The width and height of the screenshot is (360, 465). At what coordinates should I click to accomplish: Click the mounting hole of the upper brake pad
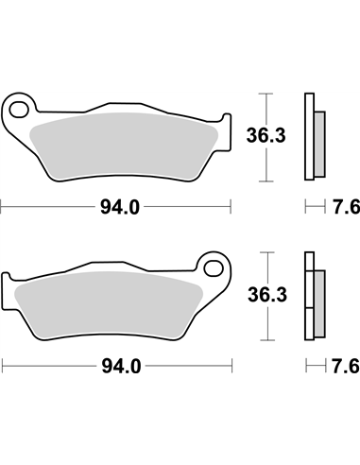[x=18, y=110]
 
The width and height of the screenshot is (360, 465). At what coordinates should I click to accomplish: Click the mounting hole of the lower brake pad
[x=214, y=268]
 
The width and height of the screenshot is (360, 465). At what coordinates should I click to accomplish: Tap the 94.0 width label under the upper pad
[x=120, y=208]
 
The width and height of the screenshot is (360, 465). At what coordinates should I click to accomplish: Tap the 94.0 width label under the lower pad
[x=121, y=367]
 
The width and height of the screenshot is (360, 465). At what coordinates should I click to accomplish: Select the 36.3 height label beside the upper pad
[x=266, y=135]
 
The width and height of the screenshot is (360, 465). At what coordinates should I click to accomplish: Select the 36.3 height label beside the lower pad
[x=267, y=295]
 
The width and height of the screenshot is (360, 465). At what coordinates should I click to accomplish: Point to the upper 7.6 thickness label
[x=346, y=208]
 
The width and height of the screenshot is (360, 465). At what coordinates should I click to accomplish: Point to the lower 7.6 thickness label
[x=345, y=367]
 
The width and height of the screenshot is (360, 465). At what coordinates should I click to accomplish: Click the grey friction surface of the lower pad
[x=108, y=305]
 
